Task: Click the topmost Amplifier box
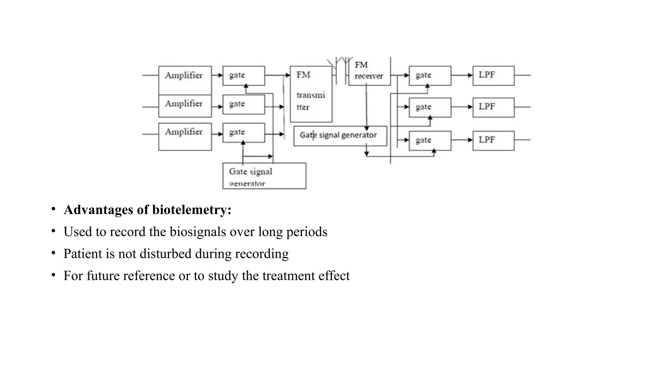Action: (x=185, y=80)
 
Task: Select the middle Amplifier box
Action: (x=185, y=106)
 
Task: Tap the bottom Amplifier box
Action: (x=185, y=136)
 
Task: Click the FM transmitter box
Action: (x=311, y=94)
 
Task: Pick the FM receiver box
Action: (x=369, y=72)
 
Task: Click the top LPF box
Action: (x=493, y=76)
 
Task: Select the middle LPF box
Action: (x=493, y=107)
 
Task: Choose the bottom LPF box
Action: (x=493, y=141)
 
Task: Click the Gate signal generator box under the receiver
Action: (x=340, y=136)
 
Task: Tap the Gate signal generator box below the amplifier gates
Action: (x=264, y=176)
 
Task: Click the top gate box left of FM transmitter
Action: (x=244, y=76)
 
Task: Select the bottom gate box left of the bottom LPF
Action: (x=430, y=141)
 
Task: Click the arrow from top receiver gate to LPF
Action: (x=462, y=75)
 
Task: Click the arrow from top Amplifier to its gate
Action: (x=217, y=75)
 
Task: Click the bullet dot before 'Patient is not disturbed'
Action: (x=53, y=253)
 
